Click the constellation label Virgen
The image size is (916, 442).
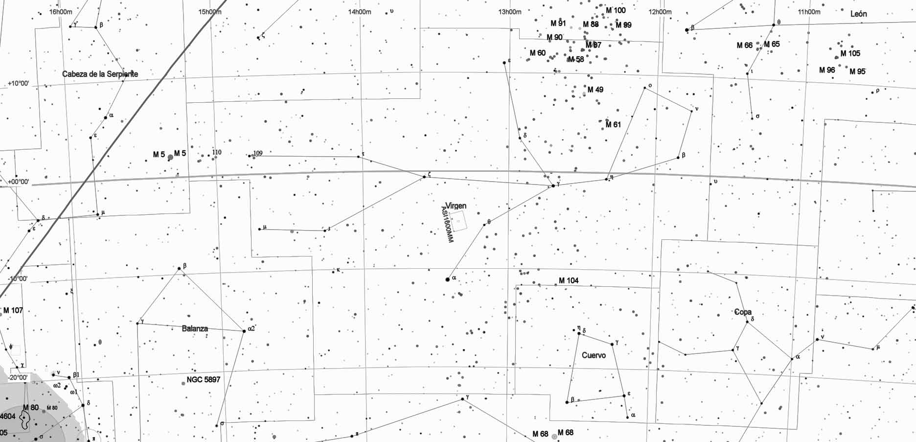456,206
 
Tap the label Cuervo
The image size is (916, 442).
594,355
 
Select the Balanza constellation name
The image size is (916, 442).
195,328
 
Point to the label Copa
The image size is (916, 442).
743,312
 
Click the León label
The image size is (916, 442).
858,14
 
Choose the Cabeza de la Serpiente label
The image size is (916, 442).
100,74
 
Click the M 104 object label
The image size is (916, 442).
569,280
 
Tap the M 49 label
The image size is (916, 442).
595,90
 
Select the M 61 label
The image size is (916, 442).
613,124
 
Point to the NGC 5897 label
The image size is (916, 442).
204,379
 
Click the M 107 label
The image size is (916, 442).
13,310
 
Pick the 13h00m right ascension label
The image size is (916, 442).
510,12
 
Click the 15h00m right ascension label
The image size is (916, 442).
209,12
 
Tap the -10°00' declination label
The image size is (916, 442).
18,279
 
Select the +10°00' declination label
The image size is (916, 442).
19,84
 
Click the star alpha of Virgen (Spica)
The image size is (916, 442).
447,279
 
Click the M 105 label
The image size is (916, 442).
850,53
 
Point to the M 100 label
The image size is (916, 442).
616,10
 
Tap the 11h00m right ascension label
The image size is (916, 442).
809,12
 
